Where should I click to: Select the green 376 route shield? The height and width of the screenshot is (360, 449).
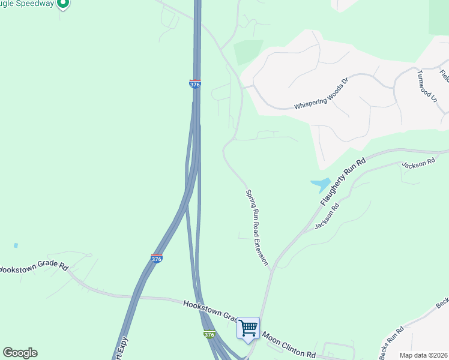click(x=209, y=334)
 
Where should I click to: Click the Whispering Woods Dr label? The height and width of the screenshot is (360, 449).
click(x=321, y=95)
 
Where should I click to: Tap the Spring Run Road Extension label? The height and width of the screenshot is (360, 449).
click(x=256, y=227)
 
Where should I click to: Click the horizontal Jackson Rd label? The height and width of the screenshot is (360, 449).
click(x=418, y=163)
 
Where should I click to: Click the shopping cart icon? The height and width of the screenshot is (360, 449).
click(x=248, y=328)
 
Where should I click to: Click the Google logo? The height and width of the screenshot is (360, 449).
click(x=20, y=353)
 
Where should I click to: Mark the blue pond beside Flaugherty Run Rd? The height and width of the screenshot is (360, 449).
click(x=320, y=185)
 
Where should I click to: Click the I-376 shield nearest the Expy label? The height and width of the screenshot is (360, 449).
click(x=157, y=258)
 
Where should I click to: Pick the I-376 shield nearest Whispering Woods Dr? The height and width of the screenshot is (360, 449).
click(x=195, y=84)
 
